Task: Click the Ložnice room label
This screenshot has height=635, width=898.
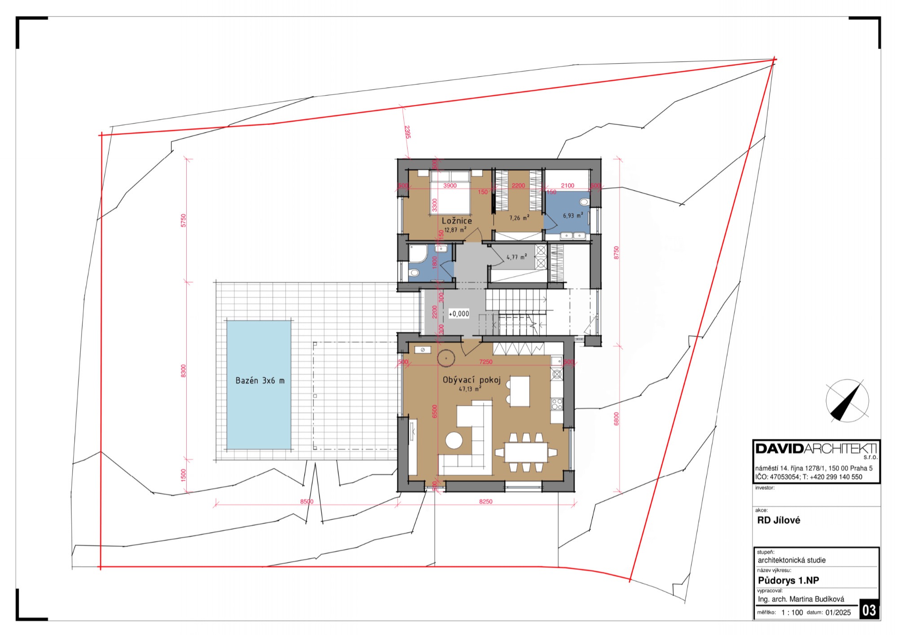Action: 457,221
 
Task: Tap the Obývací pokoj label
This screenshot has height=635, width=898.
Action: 471,380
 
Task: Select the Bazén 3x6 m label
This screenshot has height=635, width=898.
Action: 260,381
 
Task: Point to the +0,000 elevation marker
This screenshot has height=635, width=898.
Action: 459,314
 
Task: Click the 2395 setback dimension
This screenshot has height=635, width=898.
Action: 407,132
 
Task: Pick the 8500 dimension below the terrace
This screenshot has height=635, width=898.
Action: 307,501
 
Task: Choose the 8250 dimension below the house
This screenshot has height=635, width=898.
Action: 485,501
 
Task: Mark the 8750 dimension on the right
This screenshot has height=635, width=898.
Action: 616,252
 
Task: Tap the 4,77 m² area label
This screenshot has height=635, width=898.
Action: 517,257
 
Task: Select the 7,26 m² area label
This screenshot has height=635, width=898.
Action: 519,218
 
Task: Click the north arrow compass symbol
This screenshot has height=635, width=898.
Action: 847,401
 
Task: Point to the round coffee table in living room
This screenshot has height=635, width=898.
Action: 454,440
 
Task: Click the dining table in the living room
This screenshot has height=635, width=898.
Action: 526,452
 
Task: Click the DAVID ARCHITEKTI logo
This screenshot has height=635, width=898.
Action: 816,449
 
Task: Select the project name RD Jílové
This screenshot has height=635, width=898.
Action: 779,520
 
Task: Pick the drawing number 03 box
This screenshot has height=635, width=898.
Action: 869,610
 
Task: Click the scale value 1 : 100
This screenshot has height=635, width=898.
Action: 792,613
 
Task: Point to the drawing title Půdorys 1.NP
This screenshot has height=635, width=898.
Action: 788,580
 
